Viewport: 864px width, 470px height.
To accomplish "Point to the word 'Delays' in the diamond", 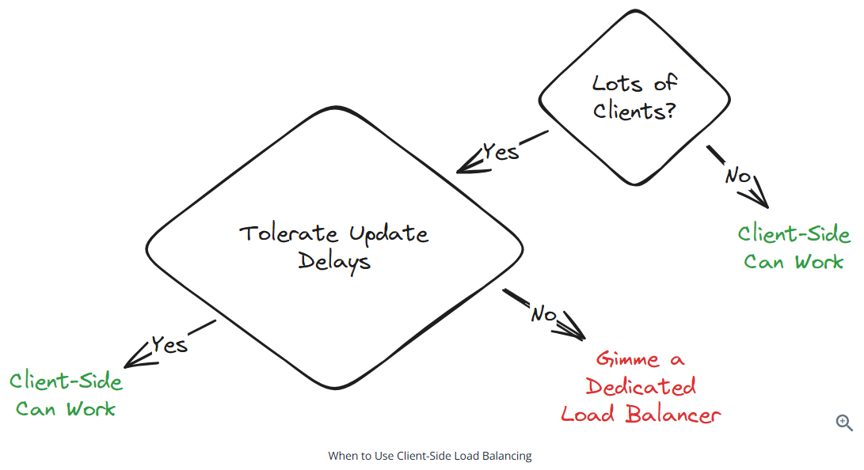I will pos(334,261).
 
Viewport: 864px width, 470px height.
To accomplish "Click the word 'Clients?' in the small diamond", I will pos(634,110).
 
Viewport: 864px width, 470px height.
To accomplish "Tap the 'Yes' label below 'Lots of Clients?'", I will pos(501,150).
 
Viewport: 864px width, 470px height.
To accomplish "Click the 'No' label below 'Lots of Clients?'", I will pos(737,175).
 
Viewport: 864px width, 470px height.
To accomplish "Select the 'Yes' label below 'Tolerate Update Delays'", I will pos(169,344).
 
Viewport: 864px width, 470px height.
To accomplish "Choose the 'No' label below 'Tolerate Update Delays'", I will pos(543,314).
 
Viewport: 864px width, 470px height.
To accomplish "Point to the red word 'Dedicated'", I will pos(641,386).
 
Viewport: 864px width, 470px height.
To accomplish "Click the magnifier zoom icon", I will pos(844,423).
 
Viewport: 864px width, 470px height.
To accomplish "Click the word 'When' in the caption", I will pos(341,456).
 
